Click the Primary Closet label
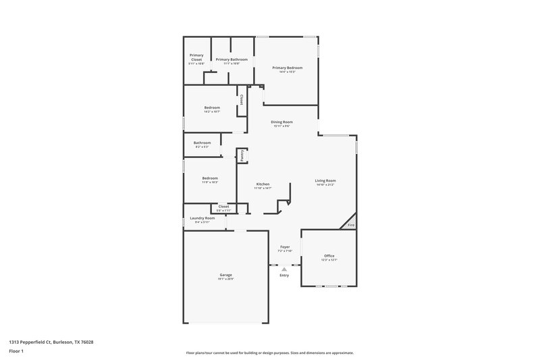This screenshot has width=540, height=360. coord(196,57)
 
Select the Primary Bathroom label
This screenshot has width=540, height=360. coord(232,59)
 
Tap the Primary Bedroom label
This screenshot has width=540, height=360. coord(287,68)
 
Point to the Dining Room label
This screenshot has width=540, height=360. coord(281,122)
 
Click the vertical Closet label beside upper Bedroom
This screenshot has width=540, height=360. coord(241,99)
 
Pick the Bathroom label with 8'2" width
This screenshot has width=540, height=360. coord(202,143)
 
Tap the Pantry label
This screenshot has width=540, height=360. coord(242,155)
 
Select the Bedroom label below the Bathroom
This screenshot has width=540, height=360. coord(210,178)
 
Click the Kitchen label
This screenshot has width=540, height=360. coord(263,184)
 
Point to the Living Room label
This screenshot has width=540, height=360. coord(325,180)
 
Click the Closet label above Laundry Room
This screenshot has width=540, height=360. coord(223,207)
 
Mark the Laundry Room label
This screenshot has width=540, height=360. coord(202,218)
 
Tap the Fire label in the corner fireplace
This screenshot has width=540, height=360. coord(350,225)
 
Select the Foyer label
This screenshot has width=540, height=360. coord(285,247)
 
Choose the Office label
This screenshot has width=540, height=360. coord(329,256)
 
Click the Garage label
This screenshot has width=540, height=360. coord(225,275)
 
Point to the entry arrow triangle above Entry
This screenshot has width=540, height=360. coord(284,269)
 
